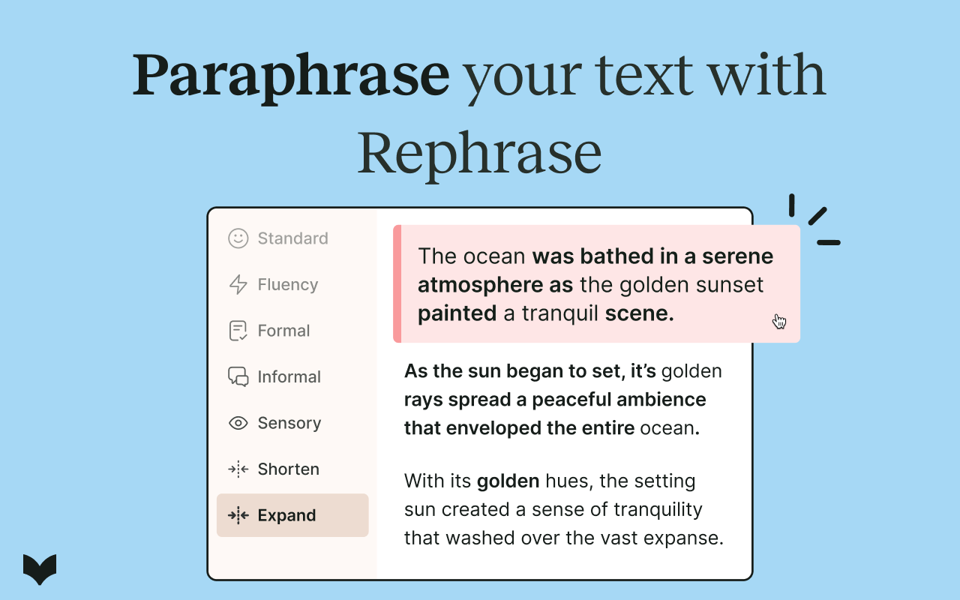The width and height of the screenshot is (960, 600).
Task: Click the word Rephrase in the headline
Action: (479, 152)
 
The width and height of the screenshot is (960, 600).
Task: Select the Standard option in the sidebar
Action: (292, 238)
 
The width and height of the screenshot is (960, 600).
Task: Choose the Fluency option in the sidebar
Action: (287, 285)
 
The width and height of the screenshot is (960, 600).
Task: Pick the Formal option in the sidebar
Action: (283, 331)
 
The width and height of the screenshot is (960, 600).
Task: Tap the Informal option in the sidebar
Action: (289, 377)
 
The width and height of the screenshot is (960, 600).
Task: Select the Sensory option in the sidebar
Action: (289, 423)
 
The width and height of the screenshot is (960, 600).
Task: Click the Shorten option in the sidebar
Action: (288, 469)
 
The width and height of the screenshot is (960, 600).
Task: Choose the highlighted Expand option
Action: (286, 516)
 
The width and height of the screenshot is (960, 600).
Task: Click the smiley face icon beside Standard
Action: (238, 238)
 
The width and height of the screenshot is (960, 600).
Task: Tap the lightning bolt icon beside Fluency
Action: (238, 285)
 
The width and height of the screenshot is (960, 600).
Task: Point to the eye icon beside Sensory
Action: (238, 423)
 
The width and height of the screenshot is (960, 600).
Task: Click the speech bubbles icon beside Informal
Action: (238, 376)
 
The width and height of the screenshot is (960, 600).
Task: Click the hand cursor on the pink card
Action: (779, 322)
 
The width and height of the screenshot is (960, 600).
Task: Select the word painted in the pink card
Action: (457, 313)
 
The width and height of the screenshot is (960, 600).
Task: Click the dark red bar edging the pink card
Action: (397, 283)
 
